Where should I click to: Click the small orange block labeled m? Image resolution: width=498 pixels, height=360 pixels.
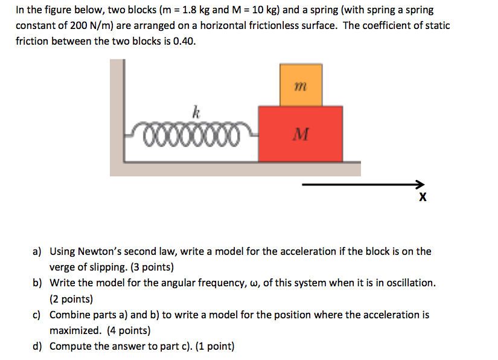[x=301, y=85]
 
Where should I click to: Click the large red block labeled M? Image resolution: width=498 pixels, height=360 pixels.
[x=300, y=133]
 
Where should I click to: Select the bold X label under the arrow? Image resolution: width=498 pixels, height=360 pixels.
[x=422, y=198]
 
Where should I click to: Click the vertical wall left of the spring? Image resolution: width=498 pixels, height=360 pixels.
[x=117, y=115]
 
